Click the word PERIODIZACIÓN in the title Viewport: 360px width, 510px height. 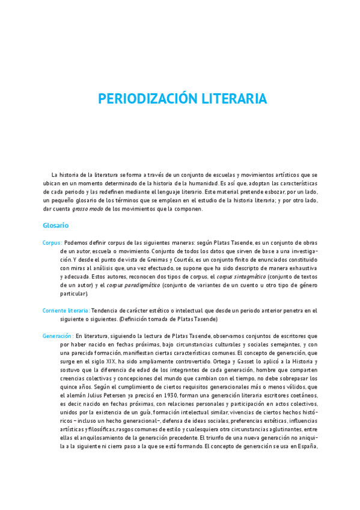(x=142, y=99)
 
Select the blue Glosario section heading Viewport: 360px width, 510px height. (x=55, y=226)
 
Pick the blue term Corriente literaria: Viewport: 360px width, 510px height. (x=66, y=310)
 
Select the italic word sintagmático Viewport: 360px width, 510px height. (x=252, y=277)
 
